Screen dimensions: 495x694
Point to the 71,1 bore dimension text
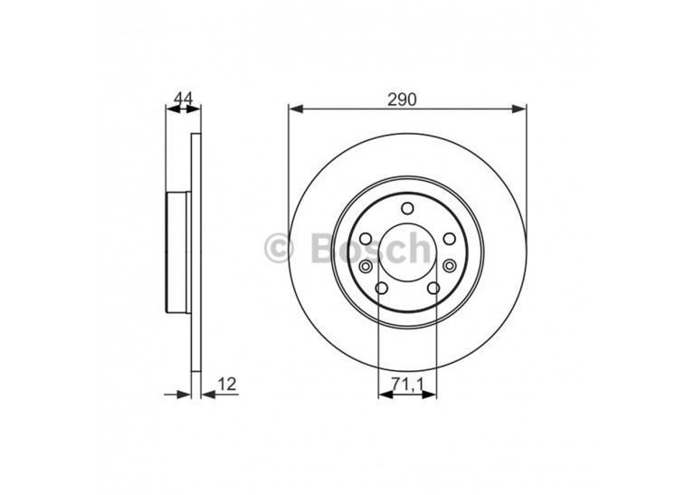click(407, 386)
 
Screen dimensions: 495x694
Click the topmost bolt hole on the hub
click(407, 210)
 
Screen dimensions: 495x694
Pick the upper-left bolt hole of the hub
click(366, 239)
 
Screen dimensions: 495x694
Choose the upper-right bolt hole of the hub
click(449, 239)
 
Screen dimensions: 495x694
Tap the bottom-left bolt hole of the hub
click(381, 289)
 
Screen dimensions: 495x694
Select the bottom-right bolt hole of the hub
click(433, 289)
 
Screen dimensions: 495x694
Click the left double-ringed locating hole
click(365, 267)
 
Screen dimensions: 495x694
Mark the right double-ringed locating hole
click(450, 267)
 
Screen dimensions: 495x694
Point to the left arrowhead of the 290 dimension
click(294, 109)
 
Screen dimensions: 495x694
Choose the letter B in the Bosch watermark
click(322, 247)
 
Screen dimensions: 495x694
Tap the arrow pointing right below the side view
click(185, 394)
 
